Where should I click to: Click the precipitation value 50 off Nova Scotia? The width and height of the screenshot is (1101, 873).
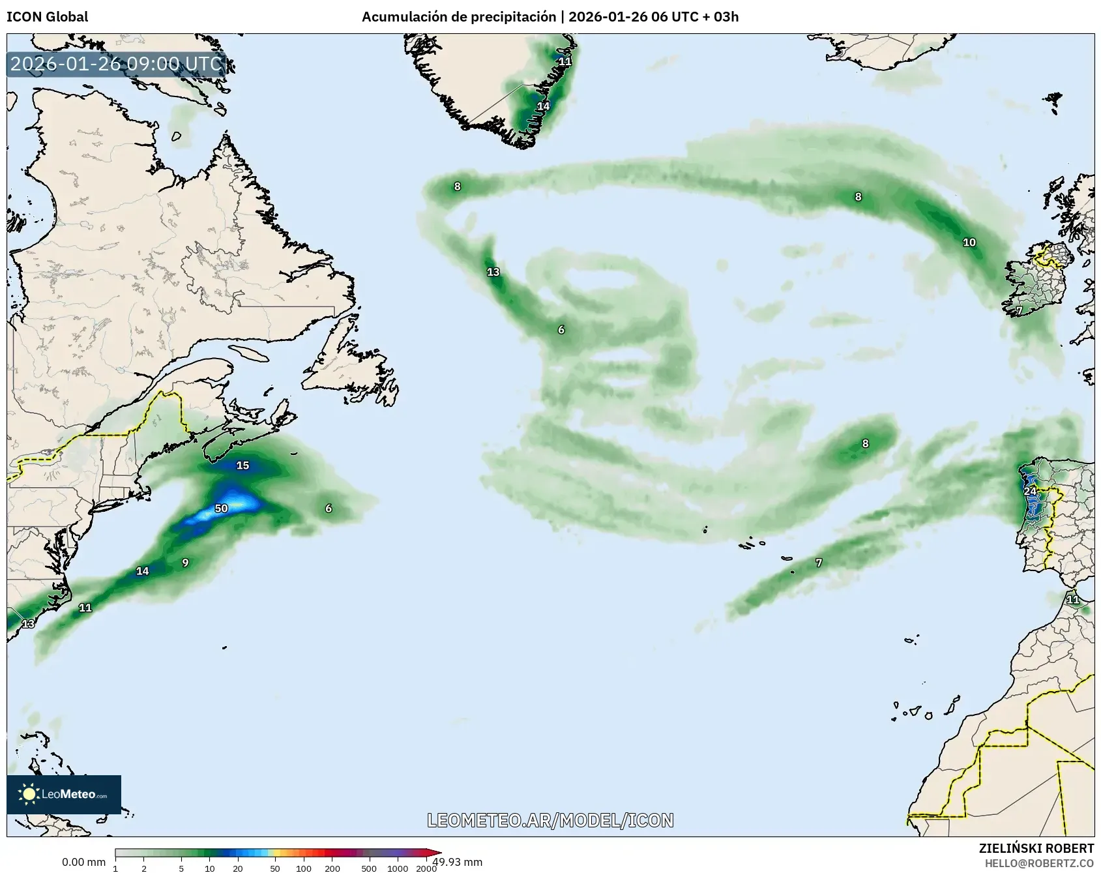click(x=222, y=509)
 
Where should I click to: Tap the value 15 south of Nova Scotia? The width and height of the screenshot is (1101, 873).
click(x=242, y=466)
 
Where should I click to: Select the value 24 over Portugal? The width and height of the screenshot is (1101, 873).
click(x=1030, y=492)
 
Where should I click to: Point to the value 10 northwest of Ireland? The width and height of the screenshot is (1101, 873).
click(x=969, y=243)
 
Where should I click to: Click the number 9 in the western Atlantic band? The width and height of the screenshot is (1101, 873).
click(x=185, y=563)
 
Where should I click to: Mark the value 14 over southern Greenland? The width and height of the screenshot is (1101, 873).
click(x=543, y=106)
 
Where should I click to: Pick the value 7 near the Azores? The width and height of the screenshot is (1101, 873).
click(x=819, y=563)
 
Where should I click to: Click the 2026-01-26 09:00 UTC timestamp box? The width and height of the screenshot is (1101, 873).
click(x=117, y=65)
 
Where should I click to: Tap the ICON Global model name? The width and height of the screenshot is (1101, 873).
click(x=47, y=17)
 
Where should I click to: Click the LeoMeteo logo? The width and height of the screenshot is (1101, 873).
click(x=64, y=794)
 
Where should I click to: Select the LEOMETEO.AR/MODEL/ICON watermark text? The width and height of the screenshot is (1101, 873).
click(x=550, y=820)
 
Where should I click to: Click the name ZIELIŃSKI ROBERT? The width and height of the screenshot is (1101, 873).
click(x=1036, y=848)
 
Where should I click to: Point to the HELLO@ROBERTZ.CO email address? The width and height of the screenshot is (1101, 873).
click(x=1039, y=863)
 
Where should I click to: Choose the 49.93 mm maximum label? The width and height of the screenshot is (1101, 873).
click(x=458, y=862)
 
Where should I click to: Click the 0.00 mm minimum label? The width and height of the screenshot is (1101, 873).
click(x=83, y=863)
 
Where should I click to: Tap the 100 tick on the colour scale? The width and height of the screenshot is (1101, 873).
click(x=303, y=868)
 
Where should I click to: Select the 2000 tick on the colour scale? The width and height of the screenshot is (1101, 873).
click(x=426, y=868)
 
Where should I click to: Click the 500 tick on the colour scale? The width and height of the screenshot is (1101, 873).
click(x=369, y=868)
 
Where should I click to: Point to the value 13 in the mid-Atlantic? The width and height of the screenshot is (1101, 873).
click(x=493, y=272)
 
